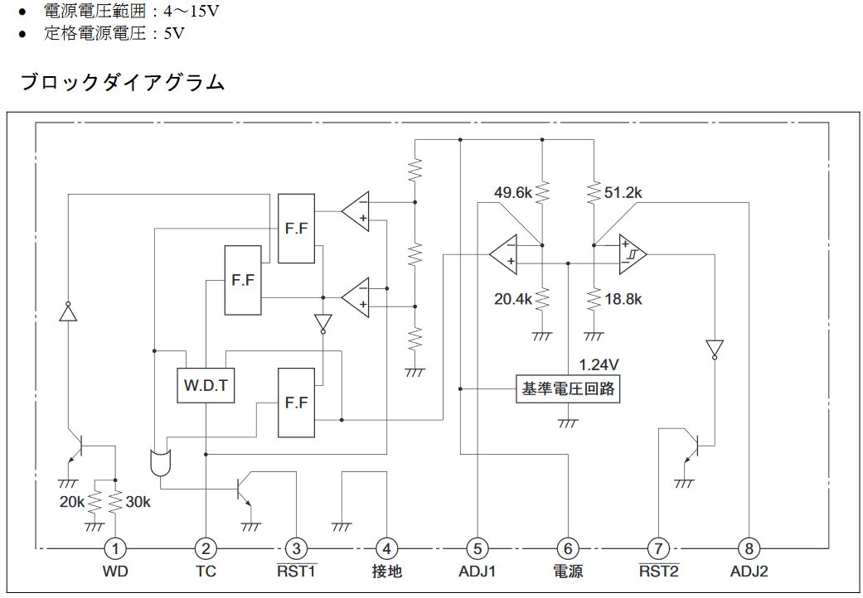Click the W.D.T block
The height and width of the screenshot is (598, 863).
(206, 385)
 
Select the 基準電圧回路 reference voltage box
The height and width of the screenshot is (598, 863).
(568, 388)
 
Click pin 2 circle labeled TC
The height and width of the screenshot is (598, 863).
(205, 547)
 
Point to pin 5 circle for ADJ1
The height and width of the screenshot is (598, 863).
(477, 547)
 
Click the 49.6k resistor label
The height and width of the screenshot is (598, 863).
(512, 192)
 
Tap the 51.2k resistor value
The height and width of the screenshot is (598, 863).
(623, 192)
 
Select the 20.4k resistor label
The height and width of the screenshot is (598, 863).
(512, 299)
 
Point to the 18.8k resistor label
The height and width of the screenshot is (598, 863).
(623, 299)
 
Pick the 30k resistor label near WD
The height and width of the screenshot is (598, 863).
(138, 502)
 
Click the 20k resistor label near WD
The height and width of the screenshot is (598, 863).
(72, 502)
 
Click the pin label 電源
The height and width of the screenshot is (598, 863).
(567, 571)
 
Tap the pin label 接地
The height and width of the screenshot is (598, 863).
(386, 571)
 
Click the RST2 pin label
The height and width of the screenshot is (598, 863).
(658, 571)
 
